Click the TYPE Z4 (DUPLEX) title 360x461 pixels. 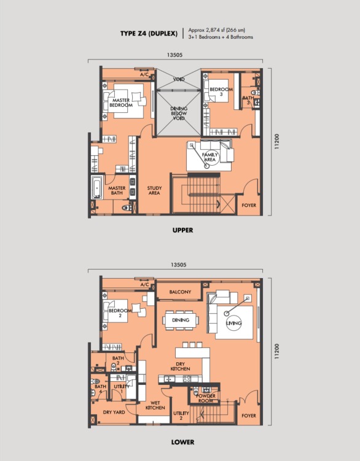pos(149,34)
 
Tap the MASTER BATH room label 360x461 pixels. pos(117,190)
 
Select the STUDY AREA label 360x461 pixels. pos(154,190)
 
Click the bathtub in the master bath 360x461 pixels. pos(97,187)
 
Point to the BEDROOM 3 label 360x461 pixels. pos(221,91)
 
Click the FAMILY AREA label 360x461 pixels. pos(210,157)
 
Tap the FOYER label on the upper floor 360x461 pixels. pos(249,205)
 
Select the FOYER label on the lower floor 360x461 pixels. pos(249,416)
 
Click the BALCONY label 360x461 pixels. pos(180,292)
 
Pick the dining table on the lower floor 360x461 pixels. pos(181,320)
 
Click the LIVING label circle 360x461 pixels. pos(233,323)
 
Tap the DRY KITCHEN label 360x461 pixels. pos(180,366)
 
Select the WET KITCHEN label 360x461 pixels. pos(155,405)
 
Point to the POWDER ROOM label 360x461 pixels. pos(206,398)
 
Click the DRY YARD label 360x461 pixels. pos(114,412)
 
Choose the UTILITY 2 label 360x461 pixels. pos(181,416)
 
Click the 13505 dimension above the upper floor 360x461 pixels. pos(174,55)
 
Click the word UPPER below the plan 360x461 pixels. pos(183,230)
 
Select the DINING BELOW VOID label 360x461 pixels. pos(179,113)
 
